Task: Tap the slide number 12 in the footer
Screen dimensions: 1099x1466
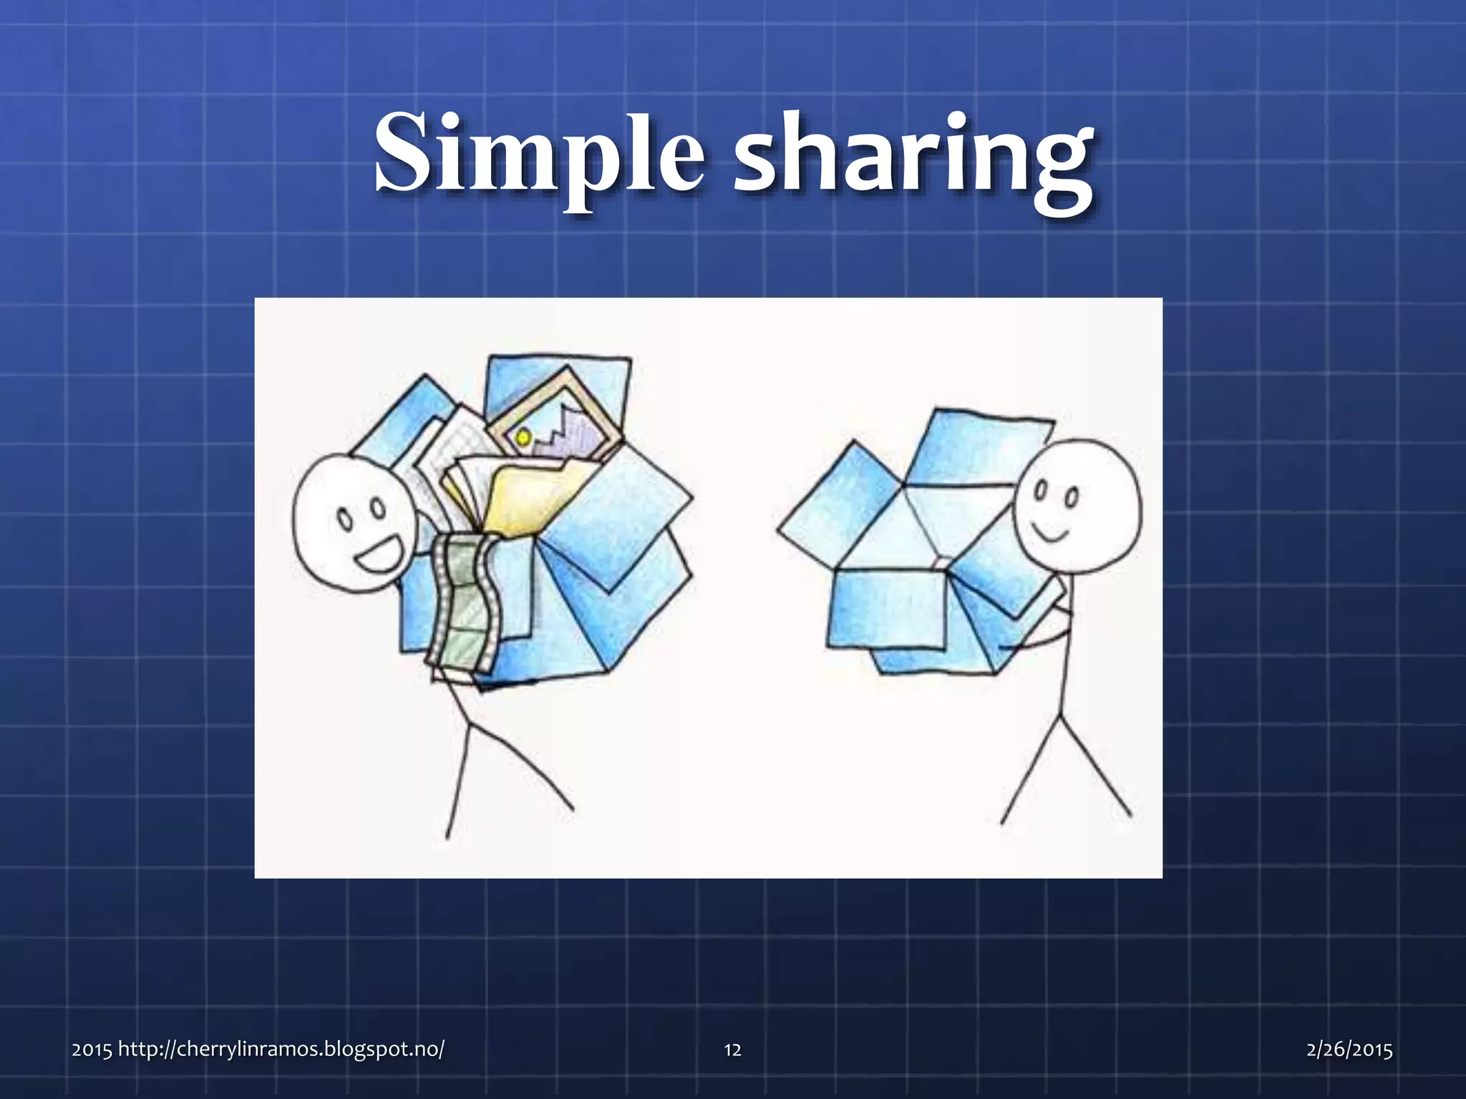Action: (732, 1050)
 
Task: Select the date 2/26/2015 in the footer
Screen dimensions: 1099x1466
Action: (1349, 1050)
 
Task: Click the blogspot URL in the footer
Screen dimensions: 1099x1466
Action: (281, 1050)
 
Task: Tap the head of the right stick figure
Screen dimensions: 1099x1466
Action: (1078, 501)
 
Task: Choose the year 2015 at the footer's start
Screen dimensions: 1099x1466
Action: (91, 1050)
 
